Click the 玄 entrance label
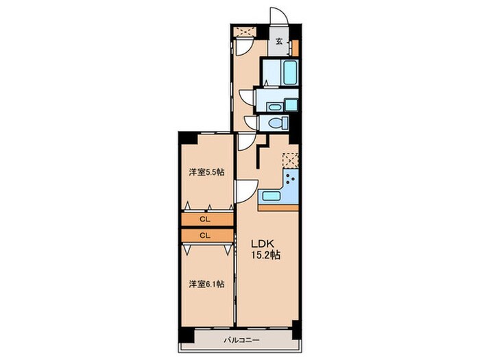pyautogui.click(x=279, y=41)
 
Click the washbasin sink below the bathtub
pyautogui.click(x=274, y=106)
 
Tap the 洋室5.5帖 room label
pyautogui.click(x=206, y=172)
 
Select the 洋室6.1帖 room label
pyautogui.click(x=206, y=284)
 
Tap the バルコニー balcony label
pyautogui.click(x=240, y=340)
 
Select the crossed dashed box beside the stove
pyautogui.click(x=291, y=159)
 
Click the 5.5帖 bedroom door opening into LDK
pyautogui.click(x=244, y=189)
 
